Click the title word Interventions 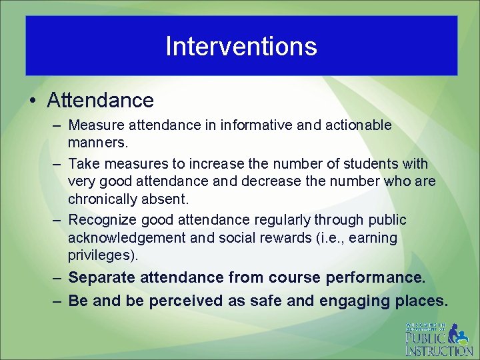point(241,46)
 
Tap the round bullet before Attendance point(33,101)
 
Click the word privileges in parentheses point(101,255)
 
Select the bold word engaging point(353,301)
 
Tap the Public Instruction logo point(438,339)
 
